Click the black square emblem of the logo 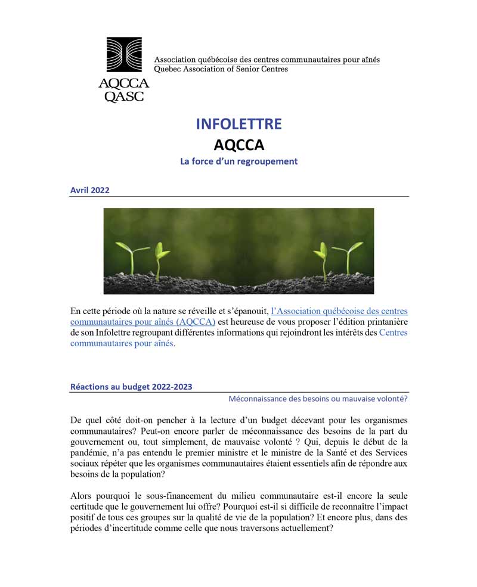pos(124,55)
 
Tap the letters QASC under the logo pos(124,96)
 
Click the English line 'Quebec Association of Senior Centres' pos(221,69)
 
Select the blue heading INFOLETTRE pos(238,124)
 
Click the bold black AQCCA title pos(238,145)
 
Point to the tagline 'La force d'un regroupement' pos(238,161)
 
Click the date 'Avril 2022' pos(89,190)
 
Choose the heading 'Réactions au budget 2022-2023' pos(131,386)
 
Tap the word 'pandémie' pos(88,452)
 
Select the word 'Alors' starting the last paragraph pos(81,496)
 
